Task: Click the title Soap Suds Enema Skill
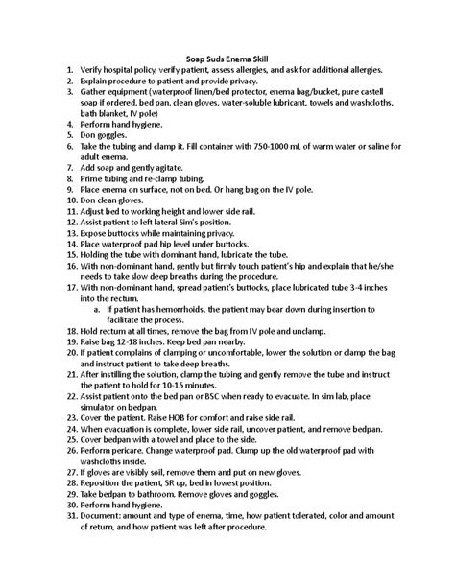pyautogui.click(x=227, y=59)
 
